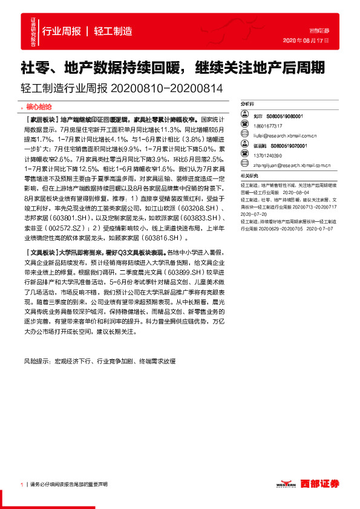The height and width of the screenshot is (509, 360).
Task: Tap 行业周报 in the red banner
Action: [61, 31]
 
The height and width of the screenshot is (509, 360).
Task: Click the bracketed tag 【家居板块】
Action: [42, 120]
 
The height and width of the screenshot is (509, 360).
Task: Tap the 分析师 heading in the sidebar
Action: [248, 103]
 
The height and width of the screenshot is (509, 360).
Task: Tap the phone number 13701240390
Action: [268, 156]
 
